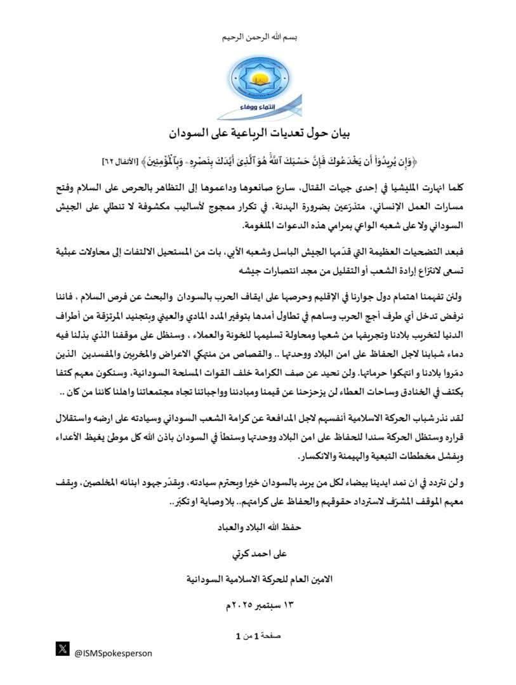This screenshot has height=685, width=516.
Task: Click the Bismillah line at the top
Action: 258,37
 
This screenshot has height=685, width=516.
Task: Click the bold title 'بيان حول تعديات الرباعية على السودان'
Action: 258,134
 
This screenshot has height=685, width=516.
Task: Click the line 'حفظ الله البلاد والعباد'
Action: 258,526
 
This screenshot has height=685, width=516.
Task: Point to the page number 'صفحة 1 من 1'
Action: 258,634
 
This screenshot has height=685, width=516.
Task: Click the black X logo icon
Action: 62,648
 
